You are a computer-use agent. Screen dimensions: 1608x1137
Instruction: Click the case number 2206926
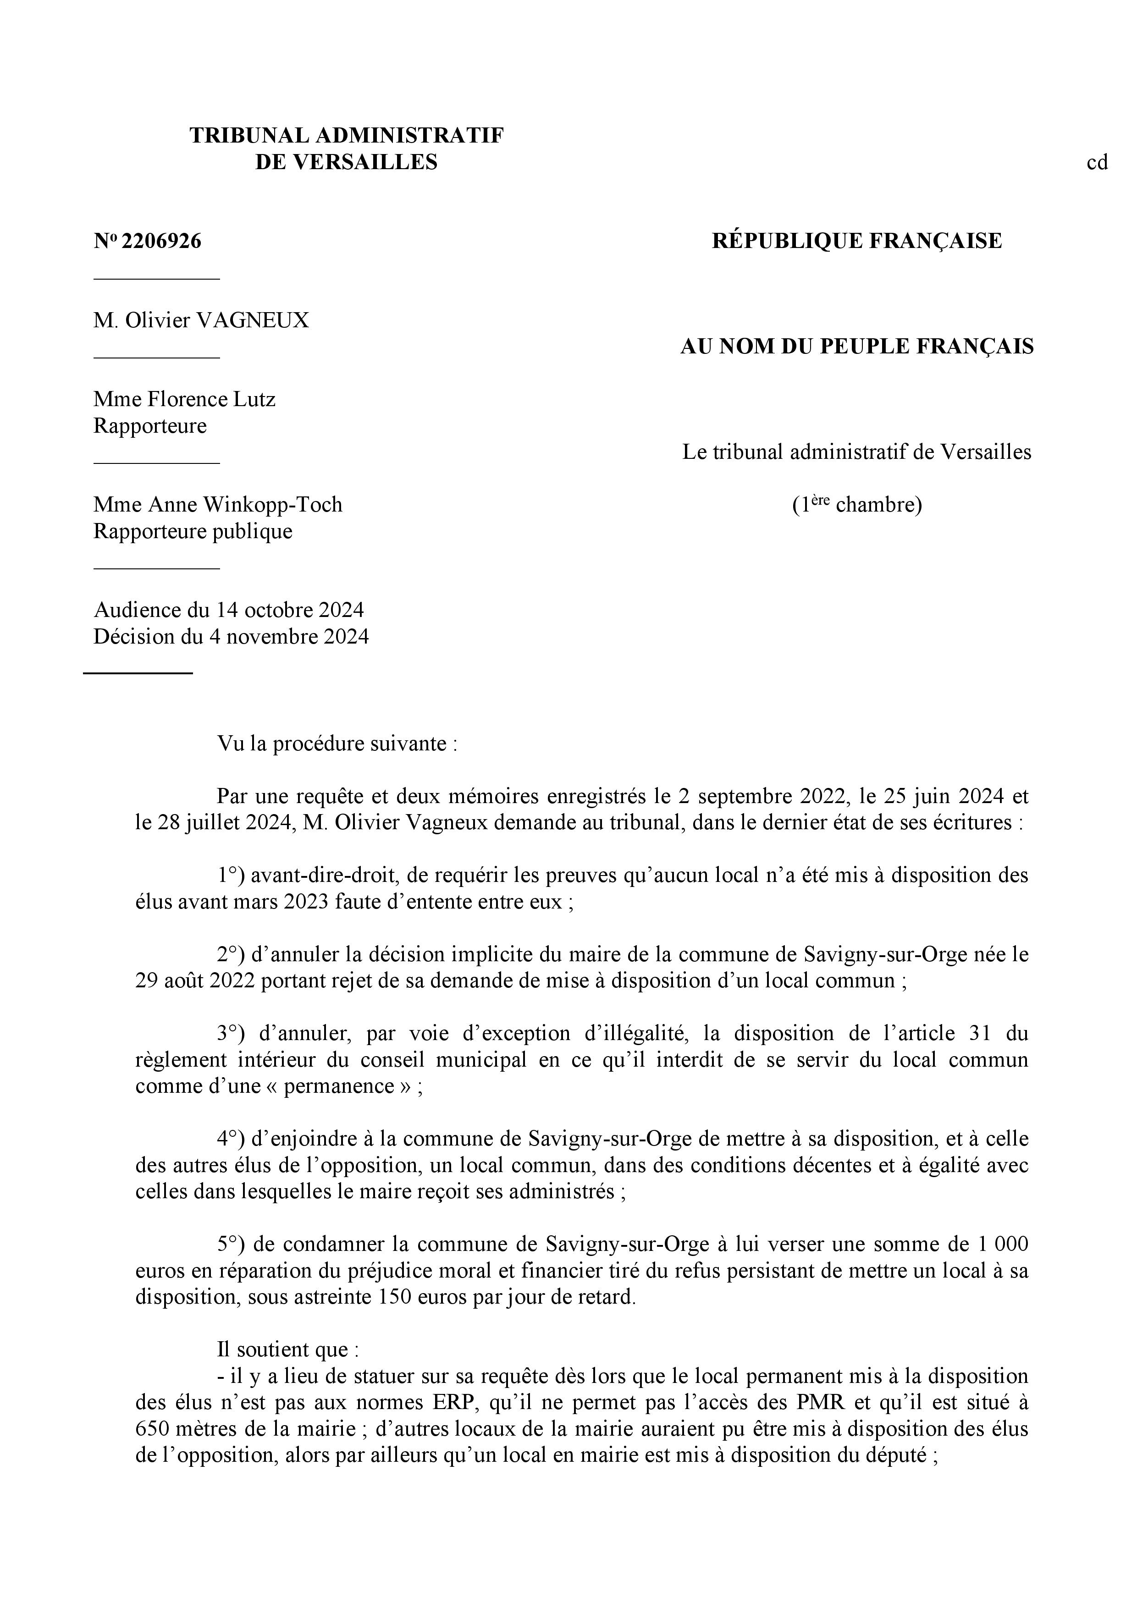[161, 241]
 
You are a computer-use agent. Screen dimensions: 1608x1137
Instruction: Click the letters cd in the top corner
[1097, 162]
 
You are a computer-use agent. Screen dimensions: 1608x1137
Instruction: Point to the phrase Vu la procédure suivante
[336, 743]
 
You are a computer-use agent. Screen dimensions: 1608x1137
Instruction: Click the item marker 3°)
[230, 1034]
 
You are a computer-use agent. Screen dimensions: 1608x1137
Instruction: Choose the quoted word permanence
[354, 1086]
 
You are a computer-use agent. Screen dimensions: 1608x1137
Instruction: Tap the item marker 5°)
[230, 1245]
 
